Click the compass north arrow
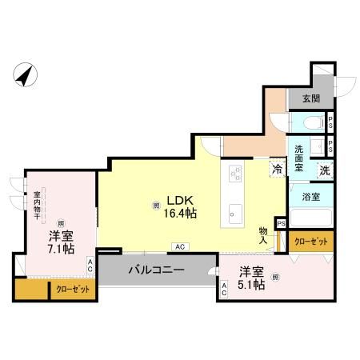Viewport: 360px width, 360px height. click(x=26, y=75)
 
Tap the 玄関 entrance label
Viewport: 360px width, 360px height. click(x=310, y=99)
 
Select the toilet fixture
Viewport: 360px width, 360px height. click(x=314, y=123)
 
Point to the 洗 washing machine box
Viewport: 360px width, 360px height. click(x=326, y=170)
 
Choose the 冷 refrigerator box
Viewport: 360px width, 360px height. click(x=277, y=170)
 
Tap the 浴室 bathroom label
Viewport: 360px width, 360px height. click(x=312, y=196)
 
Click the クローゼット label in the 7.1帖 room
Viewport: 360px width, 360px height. click(x=72, y=290)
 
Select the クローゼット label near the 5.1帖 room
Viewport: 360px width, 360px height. click(x=310, y=241)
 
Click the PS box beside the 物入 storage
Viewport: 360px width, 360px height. click(x=281, y=223)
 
